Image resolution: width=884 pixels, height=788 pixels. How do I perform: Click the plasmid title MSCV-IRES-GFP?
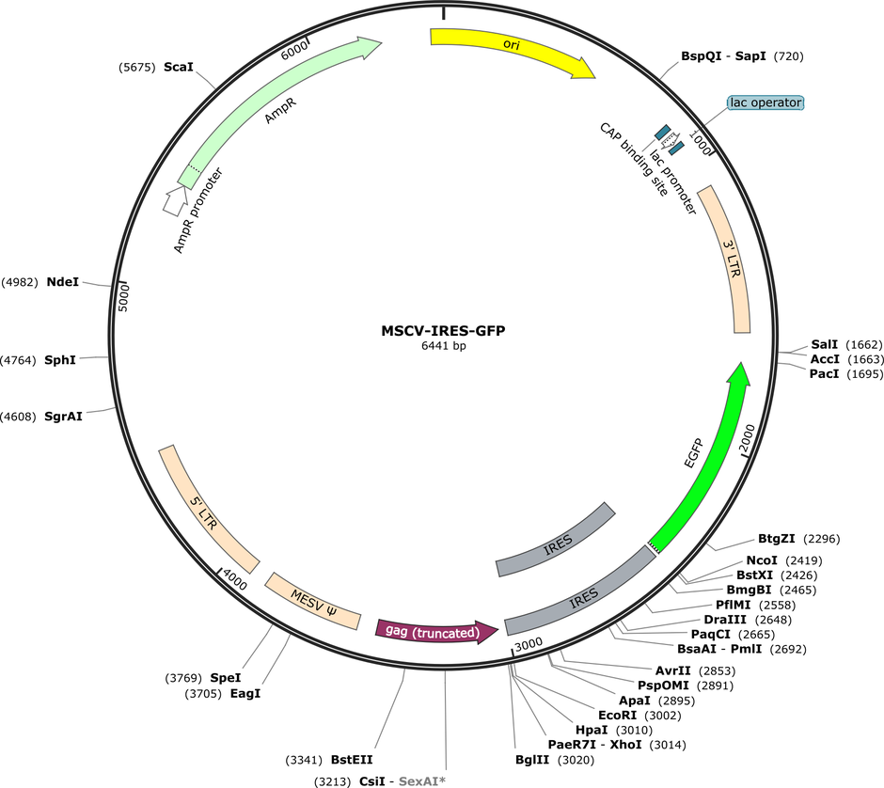coord(443,330)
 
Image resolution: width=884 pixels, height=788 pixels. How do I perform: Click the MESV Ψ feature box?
coord(313,602)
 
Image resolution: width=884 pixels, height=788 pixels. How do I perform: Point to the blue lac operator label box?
coord(766,102)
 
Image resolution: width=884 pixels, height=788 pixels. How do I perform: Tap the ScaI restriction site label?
coord(178,67)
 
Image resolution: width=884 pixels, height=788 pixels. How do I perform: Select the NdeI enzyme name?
coord(63,282)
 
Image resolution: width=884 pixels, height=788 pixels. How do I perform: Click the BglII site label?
coord(532,760)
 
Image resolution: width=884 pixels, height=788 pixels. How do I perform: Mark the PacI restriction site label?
coord(824,373)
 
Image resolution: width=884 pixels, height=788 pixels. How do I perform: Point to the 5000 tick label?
coord(123,297)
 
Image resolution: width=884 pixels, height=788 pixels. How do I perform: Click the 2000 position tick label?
coord(746,439)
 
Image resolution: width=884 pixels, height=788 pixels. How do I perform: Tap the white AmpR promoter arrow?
coord(176,201)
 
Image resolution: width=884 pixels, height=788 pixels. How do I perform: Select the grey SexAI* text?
coord(421,781)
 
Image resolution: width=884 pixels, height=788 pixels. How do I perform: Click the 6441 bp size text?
coord(444,345)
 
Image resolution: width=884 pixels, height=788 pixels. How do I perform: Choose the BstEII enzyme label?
coord(352,760)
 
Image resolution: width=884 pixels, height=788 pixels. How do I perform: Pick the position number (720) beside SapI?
coord(789,55)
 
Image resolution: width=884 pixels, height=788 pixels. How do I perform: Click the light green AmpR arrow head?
coord(369,46)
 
